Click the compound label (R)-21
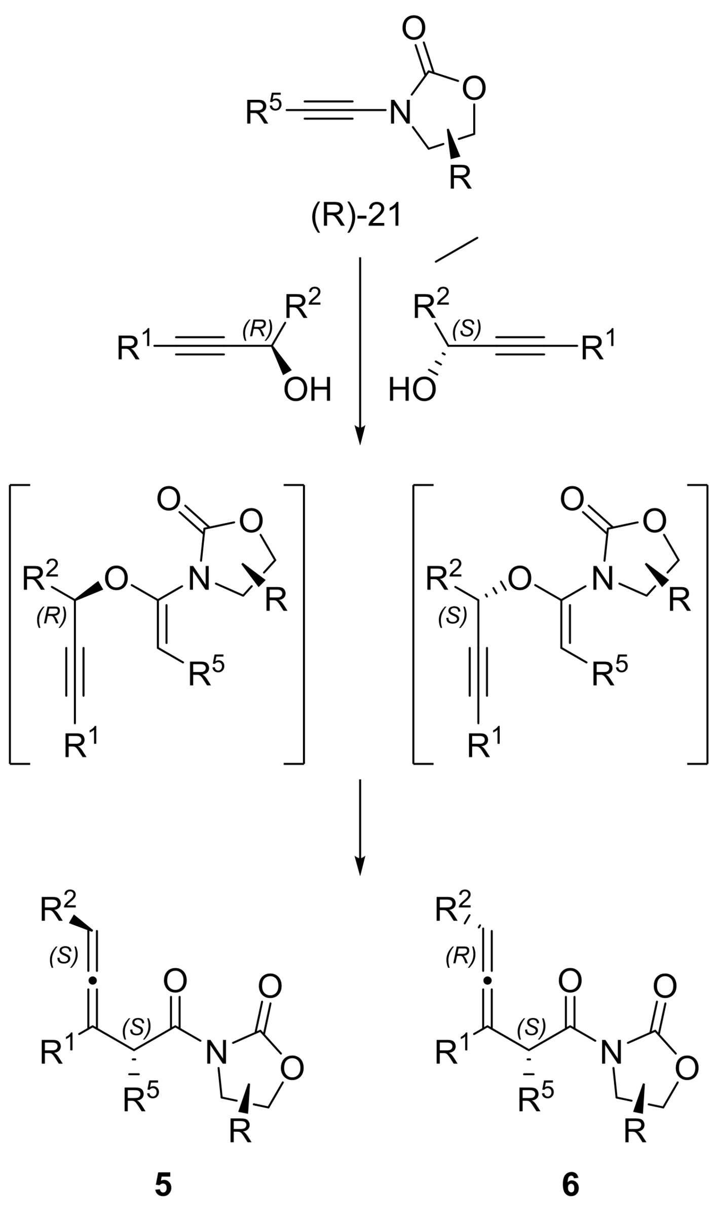[356, 217]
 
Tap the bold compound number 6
[571, 1187]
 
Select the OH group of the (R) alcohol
[307, 391]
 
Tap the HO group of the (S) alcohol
[412, 391]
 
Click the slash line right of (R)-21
[456, 250]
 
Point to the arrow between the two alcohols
[359, 350]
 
